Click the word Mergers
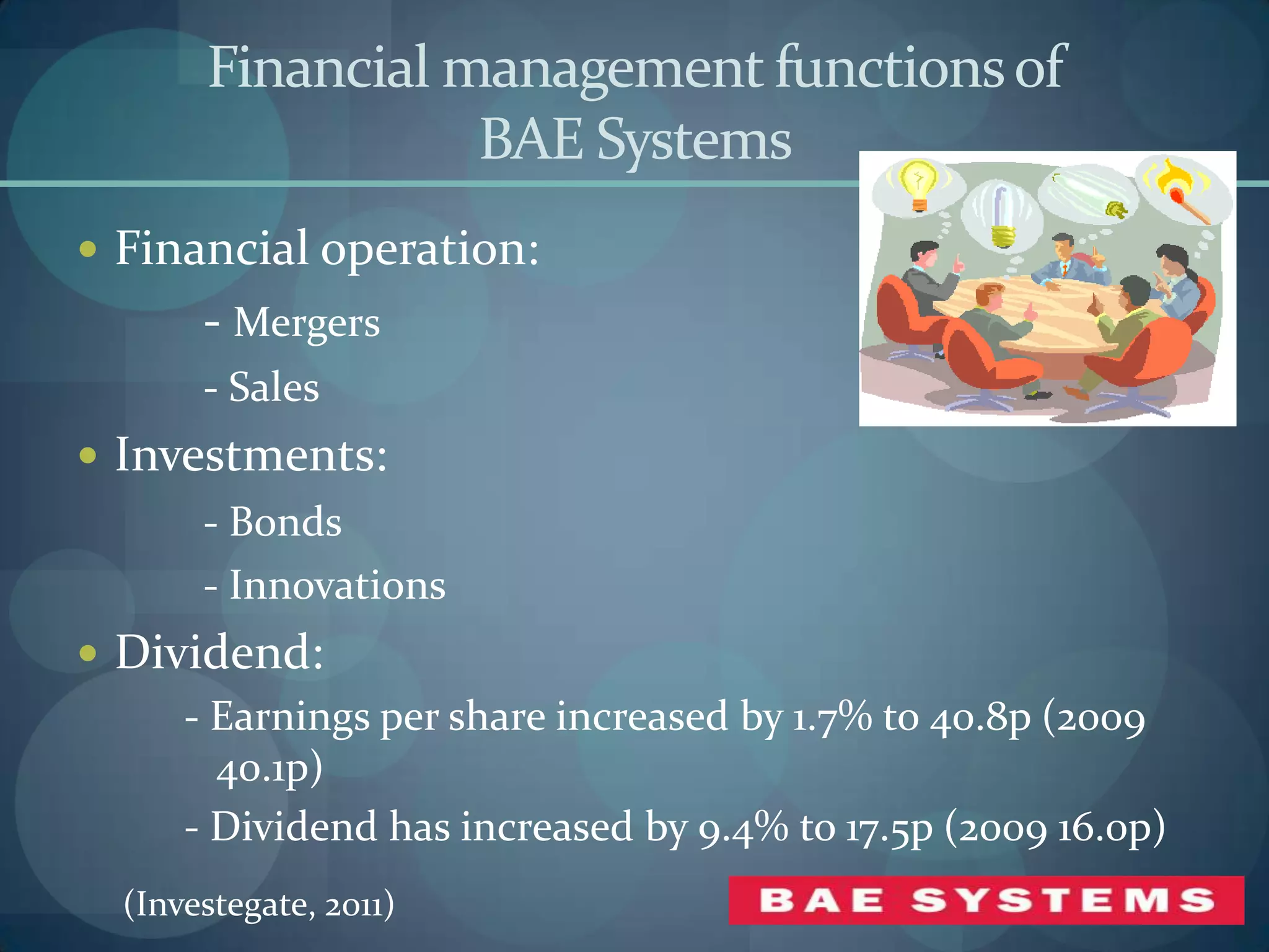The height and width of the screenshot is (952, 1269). coord(307,324)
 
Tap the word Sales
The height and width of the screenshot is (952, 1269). coord(274,388)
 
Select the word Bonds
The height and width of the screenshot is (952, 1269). coord(285,522)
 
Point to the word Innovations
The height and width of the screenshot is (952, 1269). coord(337,586)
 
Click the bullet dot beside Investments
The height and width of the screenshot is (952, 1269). coord(89,456)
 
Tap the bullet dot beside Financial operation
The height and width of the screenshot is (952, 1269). coord(89,249)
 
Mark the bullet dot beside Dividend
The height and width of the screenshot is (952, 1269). coord(89,653)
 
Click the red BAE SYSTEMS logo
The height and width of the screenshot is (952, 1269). coord(986,900)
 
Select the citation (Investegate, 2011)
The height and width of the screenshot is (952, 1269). coord(259,904)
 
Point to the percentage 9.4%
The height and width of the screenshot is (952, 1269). coord(743,829)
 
